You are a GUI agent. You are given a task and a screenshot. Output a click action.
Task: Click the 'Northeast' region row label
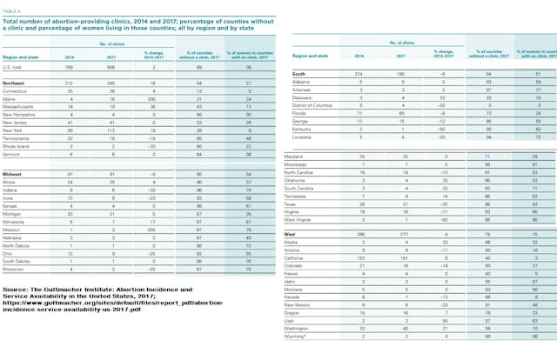tap(17, 106)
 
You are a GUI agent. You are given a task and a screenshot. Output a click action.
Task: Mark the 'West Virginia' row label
tap(306, 220)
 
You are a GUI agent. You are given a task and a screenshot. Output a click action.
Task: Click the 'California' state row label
tap(302, 258)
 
